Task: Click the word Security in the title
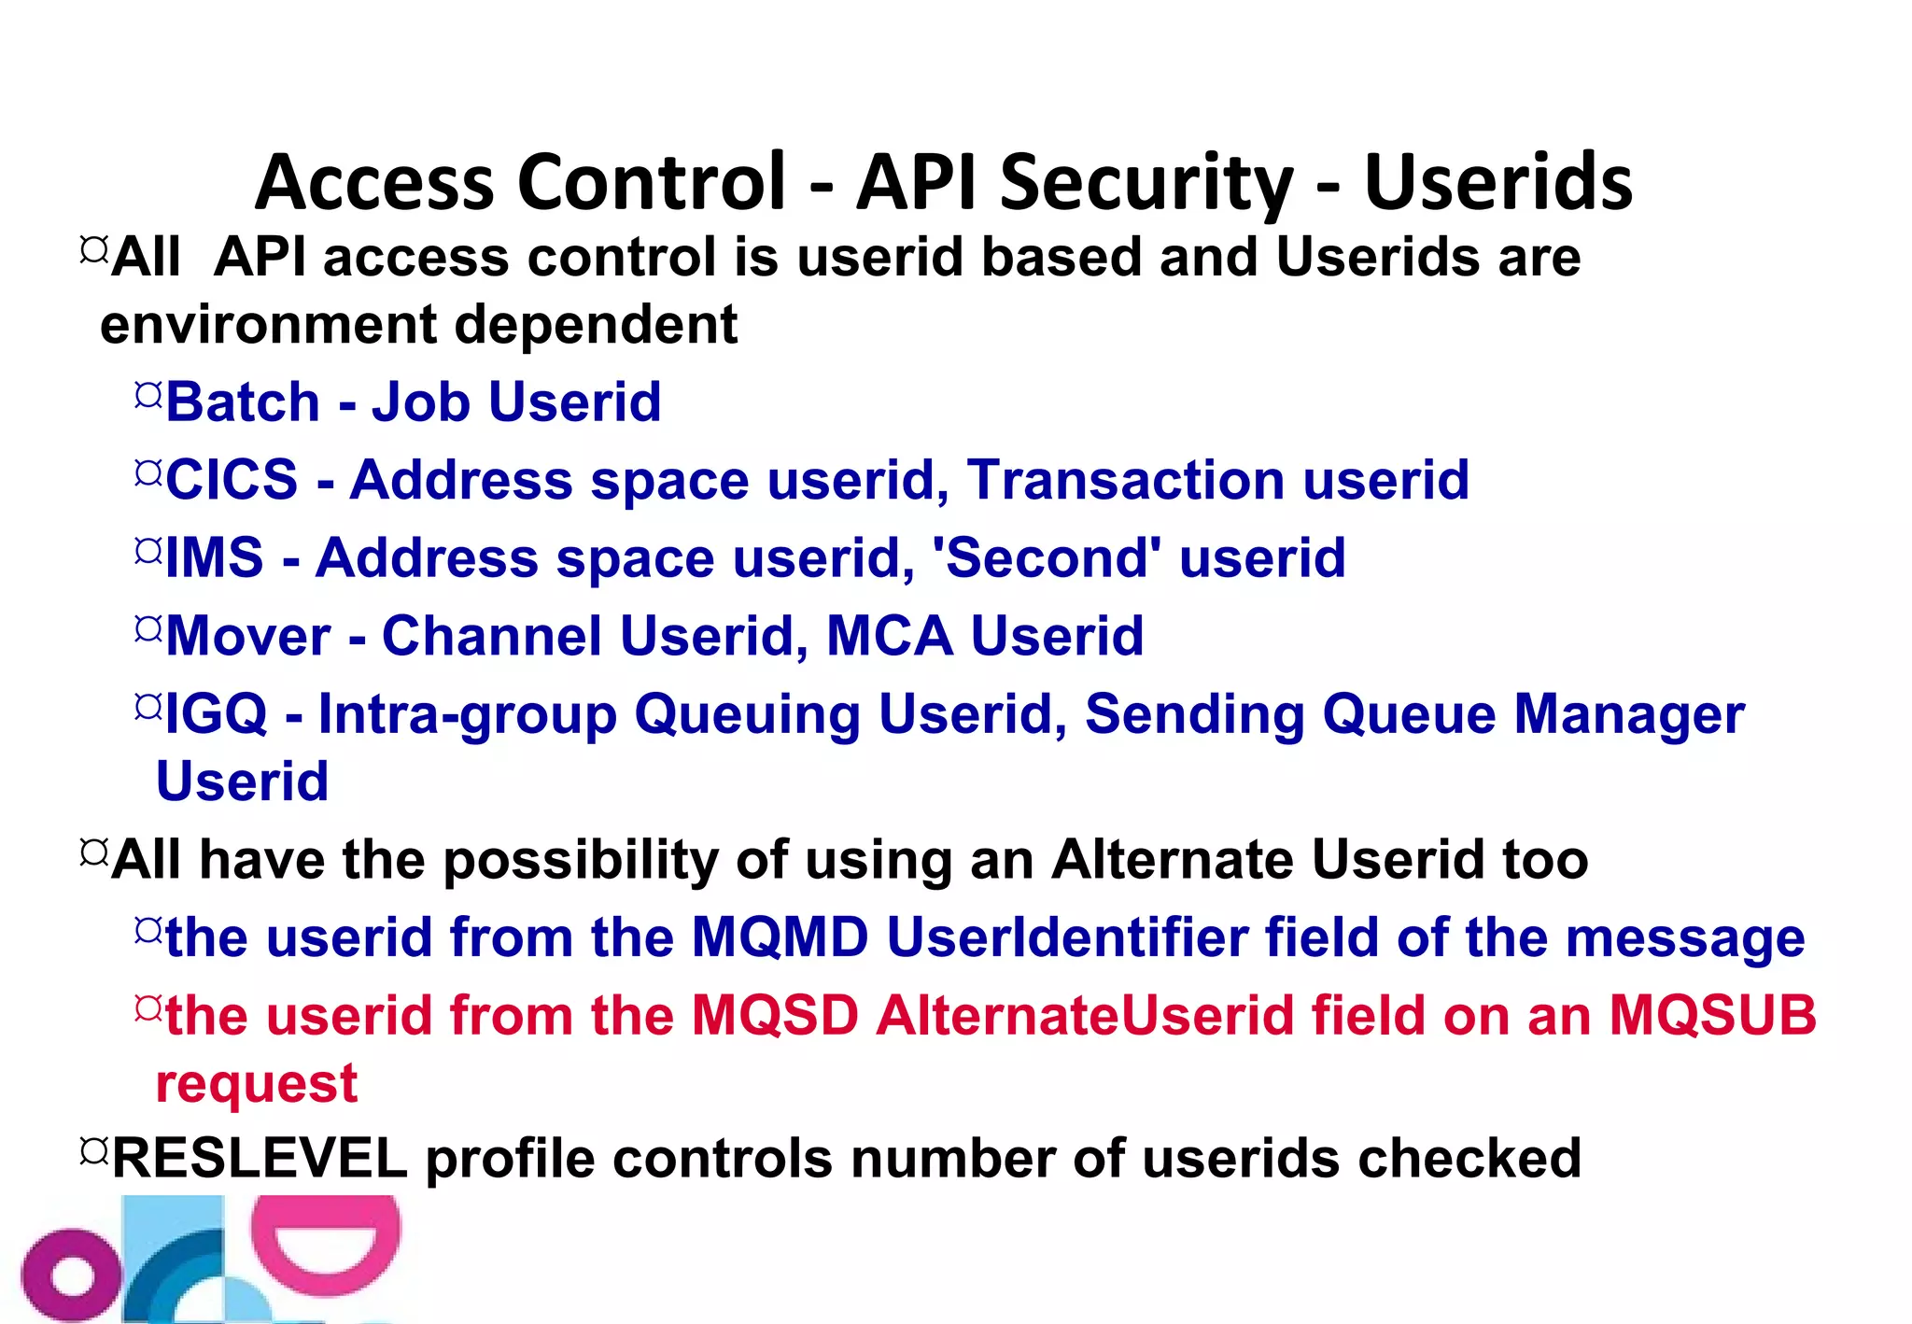pos(1147,183)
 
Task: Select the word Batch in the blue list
pos(243,402)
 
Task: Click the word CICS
pos(232,480)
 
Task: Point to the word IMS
pos(215,558)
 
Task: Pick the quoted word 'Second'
pos(1047,558)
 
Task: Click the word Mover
pos(248,637)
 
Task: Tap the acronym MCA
pos(890,637)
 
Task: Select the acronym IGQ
pos(217,715)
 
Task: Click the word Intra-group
pos(468,715)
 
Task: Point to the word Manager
pos(1628,715)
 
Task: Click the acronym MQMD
pos(780,937)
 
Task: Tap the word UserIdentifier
pos(1067,937)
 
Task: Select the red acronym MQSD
pos(774,1016)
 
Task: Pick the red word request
pos(257,1084)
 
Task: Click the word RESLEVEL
pos(260,1159)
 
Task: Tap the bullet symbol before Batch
pos(148,395)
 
